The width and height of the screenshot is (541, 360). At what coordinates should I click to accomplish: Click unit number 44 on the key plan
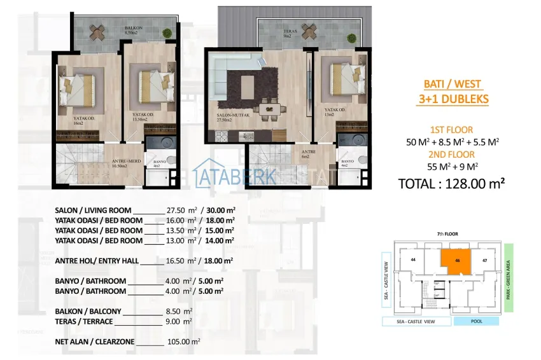tap(413, 260)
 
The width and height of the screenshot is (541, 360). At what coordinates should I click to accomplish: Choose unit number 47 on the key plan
tap(485, 260)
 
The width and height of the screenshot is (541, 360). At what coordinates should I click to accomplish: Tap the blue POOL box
tap(476, 321)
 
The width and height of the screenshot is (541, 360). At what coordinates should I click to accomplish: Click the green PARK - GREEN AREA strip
tap(508, 277)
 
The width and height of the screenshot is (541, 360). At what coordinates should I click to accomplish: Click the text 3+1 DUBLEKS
tap(453, 99)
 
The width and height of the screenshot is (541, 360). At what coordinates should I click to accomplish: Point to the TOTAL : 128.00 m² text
tap(451, 184)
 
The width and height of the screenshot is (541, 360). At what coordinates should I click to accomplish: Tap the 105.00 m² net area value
tap(185, 342)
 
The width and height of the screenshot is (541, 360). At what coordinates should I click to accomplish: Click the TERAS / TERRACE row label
tap(85, 322)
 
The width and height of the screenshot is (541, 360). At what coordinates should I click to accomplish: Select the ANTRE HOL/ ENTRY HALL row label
tap(96, 260)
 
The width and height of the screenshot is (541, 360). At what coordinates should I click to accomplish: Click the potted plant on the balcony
tap(167, 32)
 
